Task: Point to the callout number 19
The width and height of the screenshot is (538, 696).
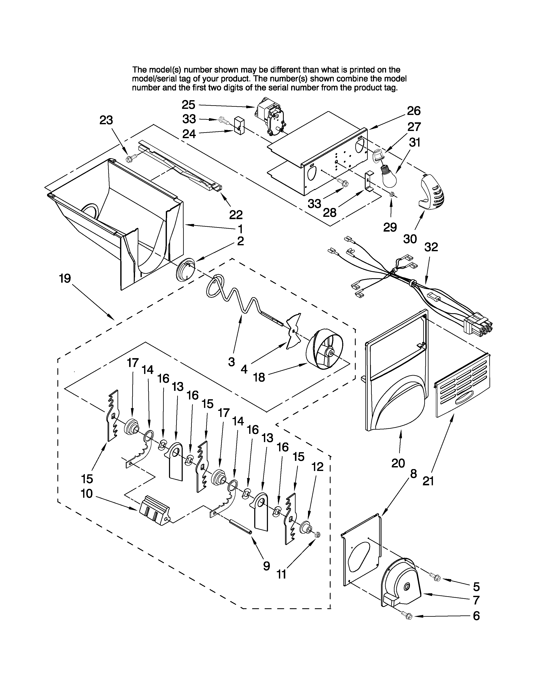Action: [x=65, y=279]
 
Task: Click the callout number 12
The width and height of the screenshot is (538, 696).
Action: [x=317, y=467]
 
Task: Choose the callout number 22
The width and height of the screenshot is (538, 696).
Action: [x=236, y=215]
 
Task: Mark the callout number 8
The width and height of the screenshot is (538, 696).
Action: [x=413, y=474]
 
